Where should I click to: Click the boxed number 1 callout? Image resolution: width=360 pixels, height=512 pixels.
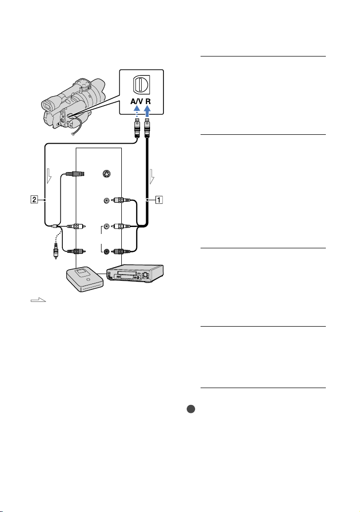[x=159, y=199]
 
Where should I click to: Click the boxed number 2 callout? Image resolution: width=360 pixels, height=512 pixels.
[x=34, y=199]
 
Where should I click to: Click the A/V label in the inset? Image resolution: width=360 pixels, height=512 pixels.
[x=137, y=101]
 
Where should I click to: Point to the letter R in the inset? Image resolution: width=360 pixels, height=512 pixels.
[x=148, y=101]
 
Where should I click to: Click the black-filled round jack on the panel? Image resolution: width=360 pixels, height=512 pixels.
[x=106, y=251]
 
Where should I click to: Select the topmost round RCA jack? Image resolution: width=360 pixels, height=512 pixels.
[x=106, y=200]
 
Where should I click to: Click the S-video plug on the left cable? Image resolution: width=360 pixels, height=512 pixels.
[x=75, y=173]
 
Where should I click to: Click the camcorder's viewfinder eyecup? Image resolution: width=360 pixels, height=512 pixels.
[x=47, y=106]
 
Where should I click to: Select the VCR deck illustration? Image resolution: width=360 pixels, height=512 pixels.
[x=135, y=274]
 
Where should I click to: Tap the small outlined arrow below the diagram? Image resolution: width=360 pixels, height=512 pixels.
[x=38, y=300]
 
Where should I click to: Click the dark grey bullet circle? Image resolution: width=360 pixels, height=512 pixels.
[x=191, y=409]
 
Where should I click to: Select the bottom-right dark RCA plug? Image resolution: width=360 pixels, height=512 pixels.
[x=121, y=251]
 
